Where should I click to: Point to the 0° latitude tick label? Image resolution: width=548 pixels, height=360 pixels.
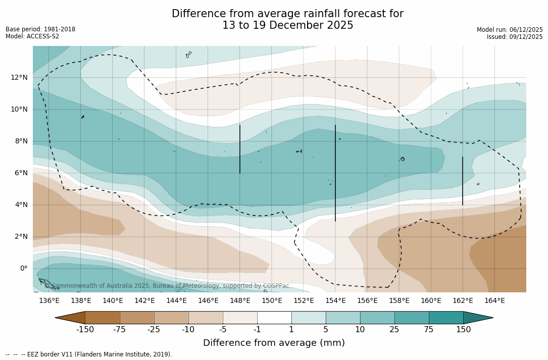pyautogui.click(x=23, y=268)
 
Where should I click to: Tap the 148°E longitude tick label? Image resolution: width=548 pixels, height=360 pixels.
pyautogui.click(x=240, y=301)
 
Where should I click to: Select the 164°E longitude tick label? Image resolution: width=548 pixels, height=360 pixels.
pyautogui.click(x=494, y=301)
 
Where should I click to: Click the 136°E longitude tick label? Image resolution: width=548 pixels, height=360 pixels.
pyautogui.click(x=49, y=301)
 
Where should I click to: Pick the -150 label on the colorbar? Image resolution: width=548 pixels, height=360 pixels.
pyautogui.click(x=85, y=330)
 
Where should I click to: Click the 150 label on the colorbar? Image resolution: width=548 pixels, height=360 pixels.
pyautogui.click(x=463, y=330)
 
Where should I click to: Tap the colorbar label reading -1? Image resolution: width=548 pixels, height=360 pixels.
pyautogui.click(x=257, y=330)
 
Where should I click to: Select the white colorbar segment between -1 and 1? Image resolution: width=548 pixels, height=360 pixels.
pyautogui.click(x=274, y=318)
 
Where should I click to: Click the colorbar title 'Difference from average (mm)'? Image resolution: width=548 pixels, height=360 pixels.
pyautogui.click(x=274, y=343)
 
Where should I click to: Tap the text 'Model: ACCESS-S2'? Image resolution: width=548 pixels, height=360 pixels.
pyautogui.click(x=32, y=36)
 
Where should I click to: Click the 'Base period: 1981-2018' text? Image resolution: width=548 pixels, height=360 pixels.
pyautogui.click(x=40, y=29)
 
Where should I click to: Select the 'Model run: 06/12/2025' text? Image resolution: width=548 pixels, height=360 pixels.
pyautogui.click(x=510, y=30)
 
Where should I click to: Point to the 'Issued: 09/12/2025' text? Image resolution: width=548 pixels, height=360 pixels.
pyautogui.click(x=515, y=37)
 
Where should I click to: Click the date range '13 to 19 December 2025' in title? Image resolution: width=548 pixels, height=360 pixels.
pyautogui.click(x=287, y=25)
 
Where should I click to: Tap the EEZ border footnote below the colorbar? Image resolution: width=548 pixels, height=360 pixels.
pyautogui.click(x=89, y=354)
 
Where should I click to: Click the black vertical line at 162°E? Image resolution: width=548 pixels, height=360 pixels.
pyautogui.click(x=463, y=181)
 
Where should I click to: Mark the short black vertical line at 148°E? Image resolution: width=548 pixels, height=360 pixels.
pyautogui.click(x=240, y=149)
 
